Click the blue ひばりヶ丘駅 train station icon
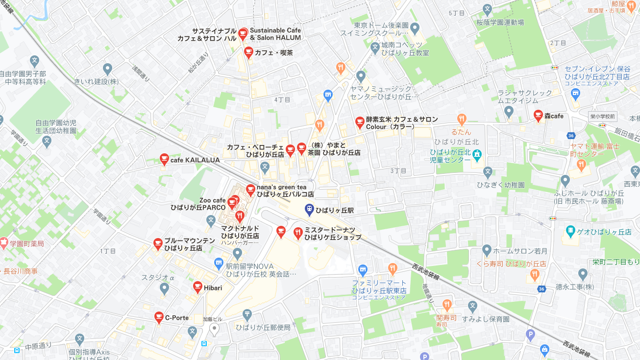point(309,210)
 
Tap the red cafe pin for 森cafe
point(538,116)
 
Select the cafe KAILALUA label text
point(195,160)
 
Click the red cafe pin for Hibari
point(197,287)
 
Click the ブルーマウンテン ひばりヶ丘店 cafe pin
point(157,243)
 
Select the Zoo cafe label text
point(212,200)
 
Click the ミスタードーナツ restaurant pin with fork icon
point(298,233)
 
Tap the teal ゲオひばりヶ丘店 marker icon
point(570,231)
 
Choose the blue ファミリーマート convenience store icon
point(363,269)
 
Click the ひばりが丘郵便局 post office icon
point(247,314)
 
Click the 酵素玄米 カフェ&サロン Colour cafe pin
point(360,121)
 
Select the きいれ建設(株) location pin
point(108,69)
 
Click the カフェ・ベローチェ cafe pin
point(290,149)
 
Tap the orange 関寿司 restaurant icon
point(446,305)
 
